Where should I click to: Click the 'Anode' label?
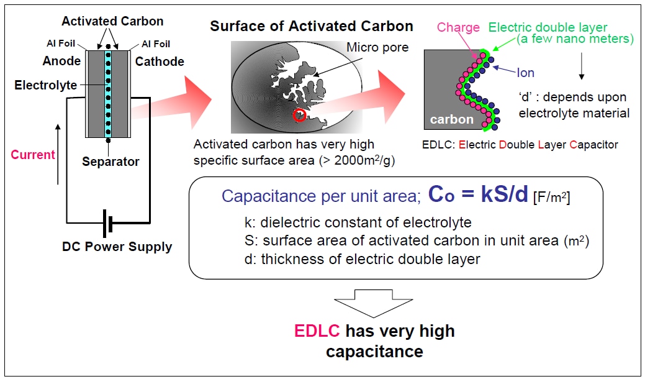(61, 61)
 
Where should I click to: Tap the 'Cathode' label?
(160, 61)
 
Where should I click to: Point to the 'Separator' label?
(111, 162)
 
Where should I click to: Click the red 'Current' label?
(33, 154)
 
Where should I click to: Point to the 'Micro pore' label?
(377, 47)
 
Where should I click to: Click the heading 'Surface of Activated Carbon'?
(311, 26)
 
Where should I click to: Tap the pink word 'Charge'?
(458, 27)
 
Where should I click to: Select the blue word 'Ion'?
(525, 73)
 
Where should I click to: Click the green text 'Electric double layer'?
(548, 27)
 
